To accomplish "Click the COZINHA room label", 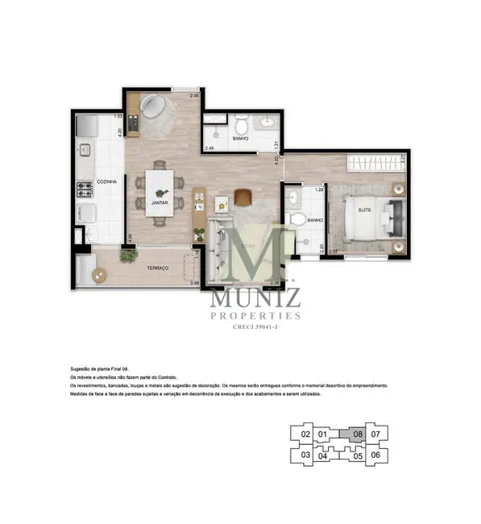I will point(106,182).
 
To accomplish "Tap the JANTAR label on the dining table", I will point(158,203).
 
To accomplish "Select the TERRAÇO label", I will point(156,268).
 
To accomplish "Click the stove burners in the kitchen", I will point(85,189).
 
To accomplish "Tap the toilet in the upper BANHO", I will point(240,126).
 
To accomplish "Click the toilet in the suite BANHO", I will point(296,219).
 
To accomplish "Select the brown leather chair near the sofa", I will point(244,196).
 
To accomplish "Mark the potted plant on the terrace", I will point(126,254).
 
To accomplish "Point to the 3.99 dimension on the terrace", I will point(193,283).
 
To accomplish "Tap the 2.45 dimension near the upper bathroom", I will point(209,149).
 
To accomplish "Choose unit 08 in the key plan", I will point(358,434).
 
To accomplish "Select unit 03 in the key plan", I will point(305,454).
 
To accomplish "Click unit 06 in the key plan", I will point(375,454).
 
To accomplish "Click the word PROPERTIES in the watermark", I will point(255,316).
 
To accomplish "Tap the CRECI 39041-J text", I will point(255,328).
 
